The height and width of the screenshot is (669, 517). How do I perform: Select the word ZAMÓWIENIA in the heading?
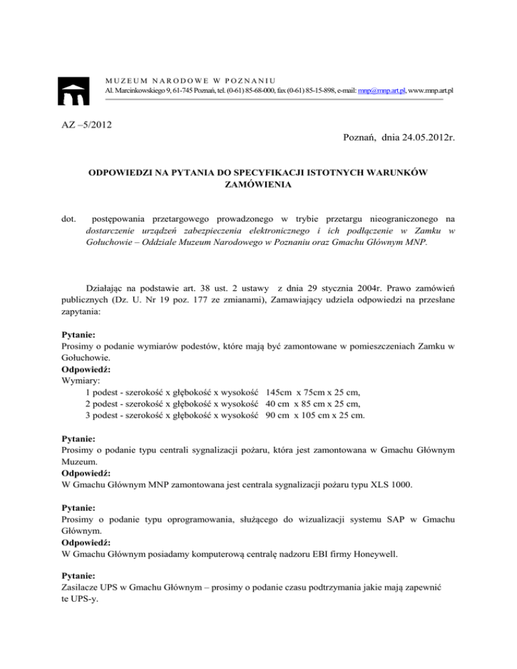point(258,186)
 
